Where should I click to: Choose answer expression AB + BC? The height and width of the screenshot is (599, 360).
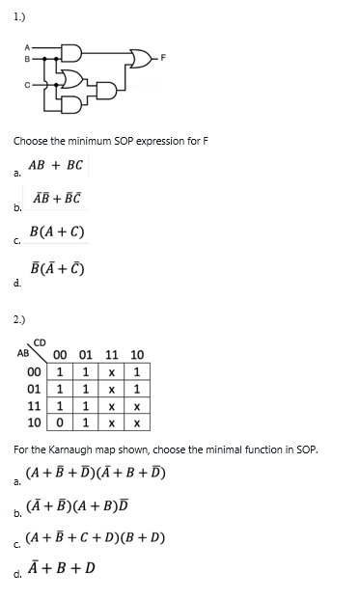pyautogui.click(x=58, y=165)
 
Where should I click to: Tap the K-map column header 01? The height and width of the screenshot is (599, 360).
pyautogui.click(x=87, y=355)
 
